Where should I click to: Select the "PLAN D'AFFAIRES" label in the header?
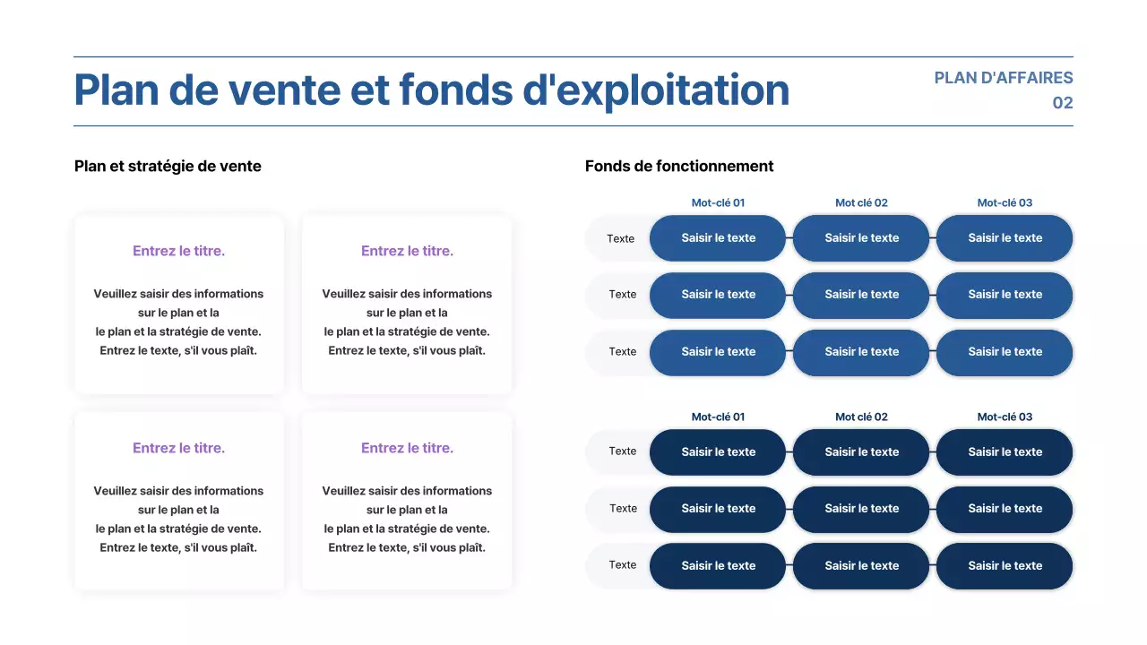pos(1003,78)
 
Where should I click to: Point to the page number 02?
pos(1062,103)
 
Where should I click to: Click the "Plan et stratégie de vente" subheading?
pos(168,166)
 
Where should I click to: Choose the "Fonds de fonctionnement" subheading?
pos(679,166)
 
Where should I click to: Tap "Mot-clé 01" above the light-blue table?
pos(718,202)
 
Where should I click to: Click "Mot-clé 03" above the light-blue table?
pos(1005,202)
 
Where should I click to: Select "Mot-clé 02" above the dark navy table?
pos(861,417)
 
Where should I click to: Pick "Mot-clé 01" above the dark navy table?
pos(718,417)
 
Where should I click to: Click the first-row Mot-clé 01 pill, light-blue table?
pos(718,238)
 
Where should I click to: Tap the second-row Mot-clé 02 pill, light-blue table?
pos(861,295)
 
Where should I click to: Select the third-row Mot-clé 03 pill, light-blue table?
pos(1005,352)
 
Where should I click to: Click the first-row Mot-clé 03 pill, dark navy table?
pos(1005,452)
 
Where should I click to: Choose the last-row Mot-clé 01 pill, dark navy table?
pos(718,566)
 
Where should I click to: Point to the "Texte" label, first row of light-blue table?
pos(620,238)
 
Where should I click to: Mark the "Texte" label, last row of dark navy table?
pos(622,565)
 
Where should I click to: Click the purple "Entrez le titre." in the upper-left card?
pos(178,251)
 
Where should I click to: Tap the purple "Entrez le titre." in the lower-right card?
pos(407,448)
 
